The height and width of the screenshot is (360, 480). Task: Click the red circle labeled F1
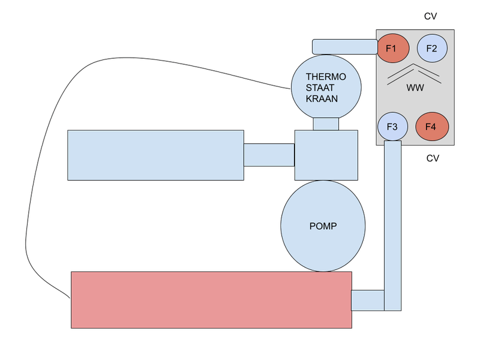click(393, 49)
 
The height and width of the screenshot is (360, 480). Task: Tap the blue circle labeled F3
click(393, 127)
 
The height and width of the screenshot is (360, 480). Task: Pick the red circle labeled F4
click(432, 127)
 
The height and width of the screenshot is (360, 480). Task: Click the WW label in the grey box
click(415, 88)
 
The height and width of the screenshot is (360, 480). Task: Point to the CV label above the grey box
click(430, 16)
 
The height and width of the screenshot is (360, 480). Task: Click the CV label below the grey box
click(433, 158)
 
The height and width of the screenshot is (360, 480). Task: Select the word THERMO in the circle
click(326, 77)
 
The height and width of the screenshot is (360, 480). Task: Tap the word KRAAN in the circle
click(322, 98)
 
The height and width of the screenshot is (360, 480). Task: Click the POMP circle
click(323, 226)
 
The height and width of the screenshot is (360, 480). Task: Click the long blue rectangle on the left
click(155, 154)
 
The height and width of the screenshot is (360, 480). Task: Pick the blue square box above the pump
click(326, 154)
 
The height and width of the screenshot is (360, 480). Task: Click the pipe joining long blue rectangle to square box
click(269, 154)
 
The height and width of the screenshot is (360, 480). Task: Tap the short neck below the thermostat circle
click(326, 123)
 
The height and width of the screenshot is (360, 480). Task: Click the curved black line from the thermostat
click(36, 180)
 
